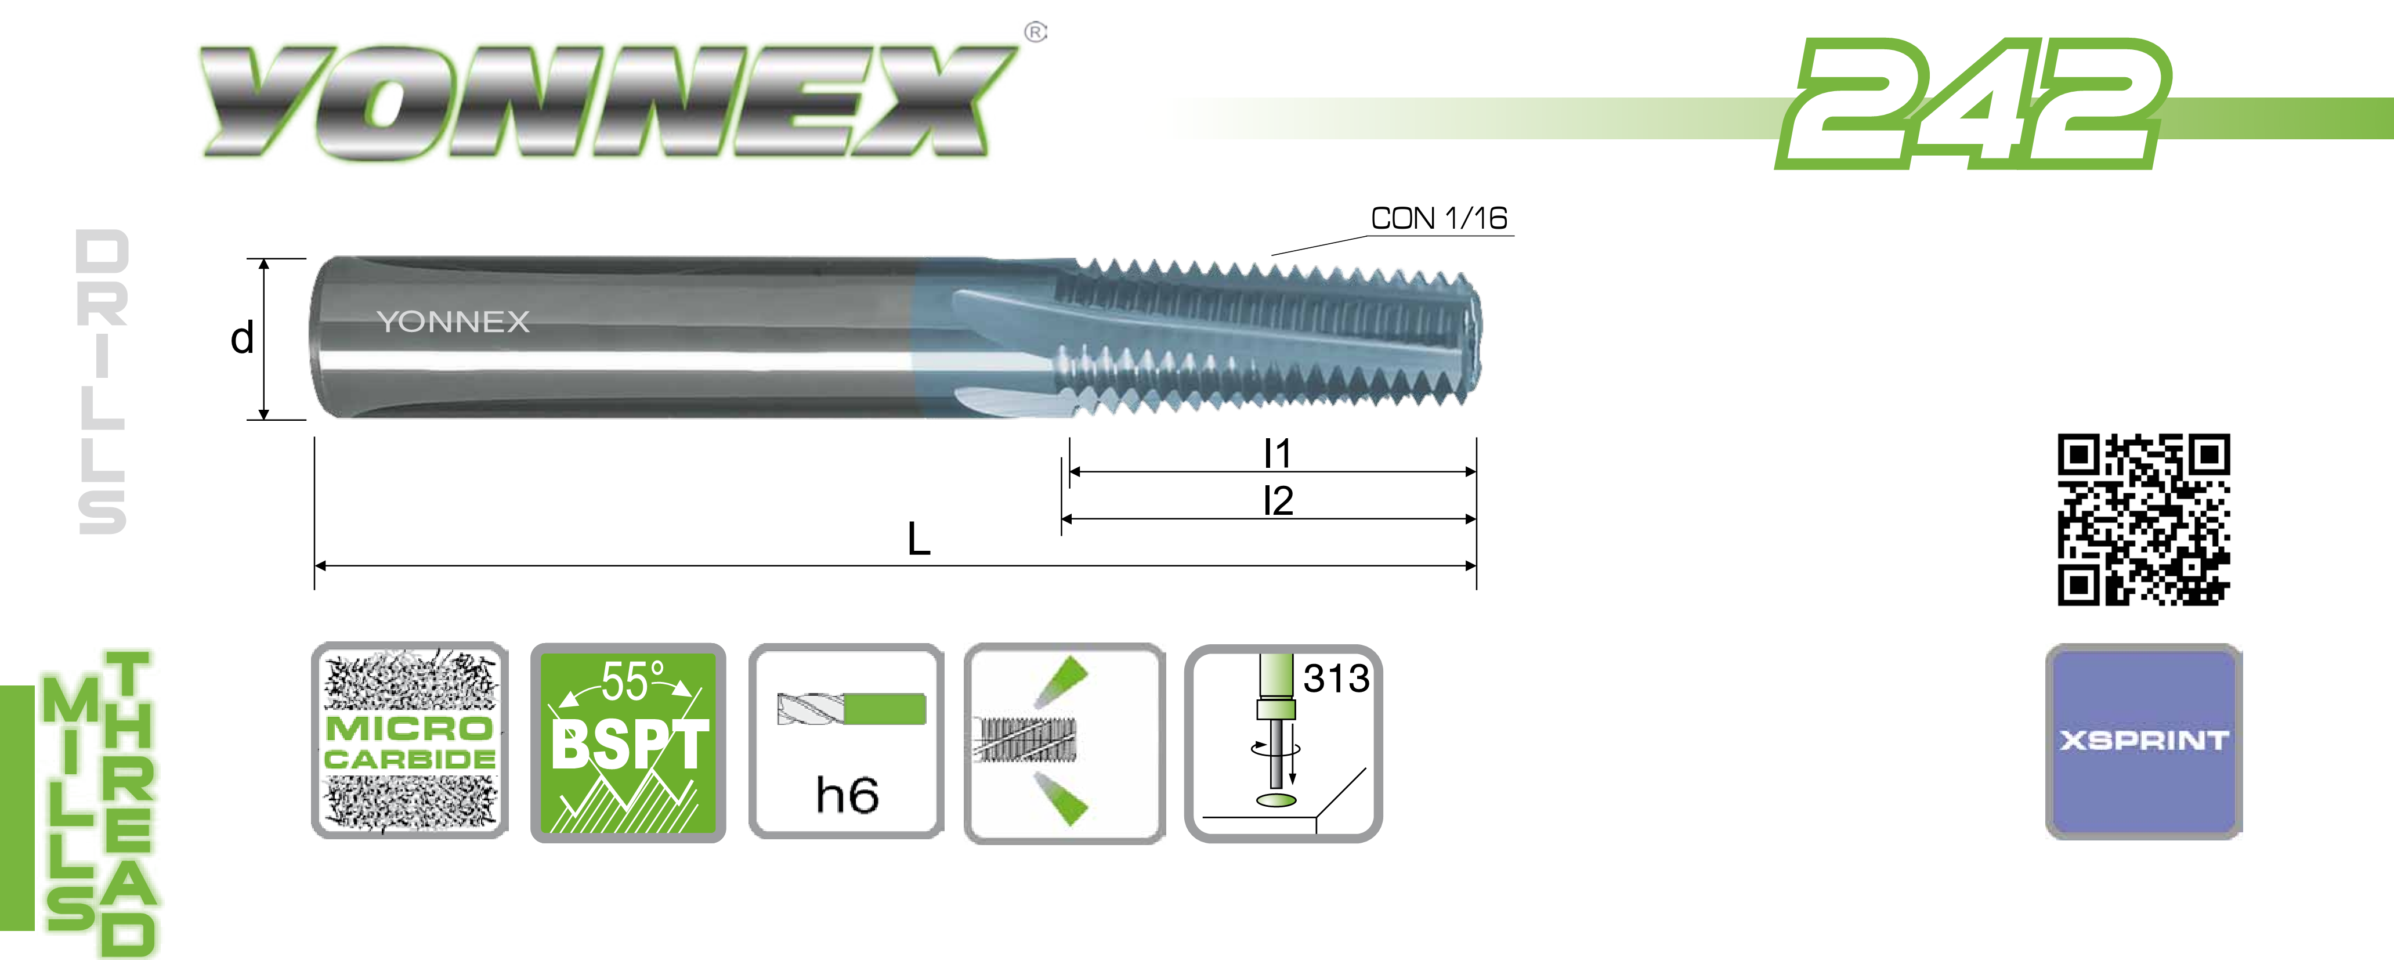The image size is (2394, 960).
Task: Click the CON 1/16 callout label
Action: [1438, 218]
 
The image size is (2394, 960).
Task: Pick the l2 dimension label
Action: [1278, 501]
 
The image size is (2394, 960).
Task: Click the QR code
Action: [2144, 519]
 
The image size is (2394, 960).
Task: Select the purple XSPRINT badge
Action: [2144, 741]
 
